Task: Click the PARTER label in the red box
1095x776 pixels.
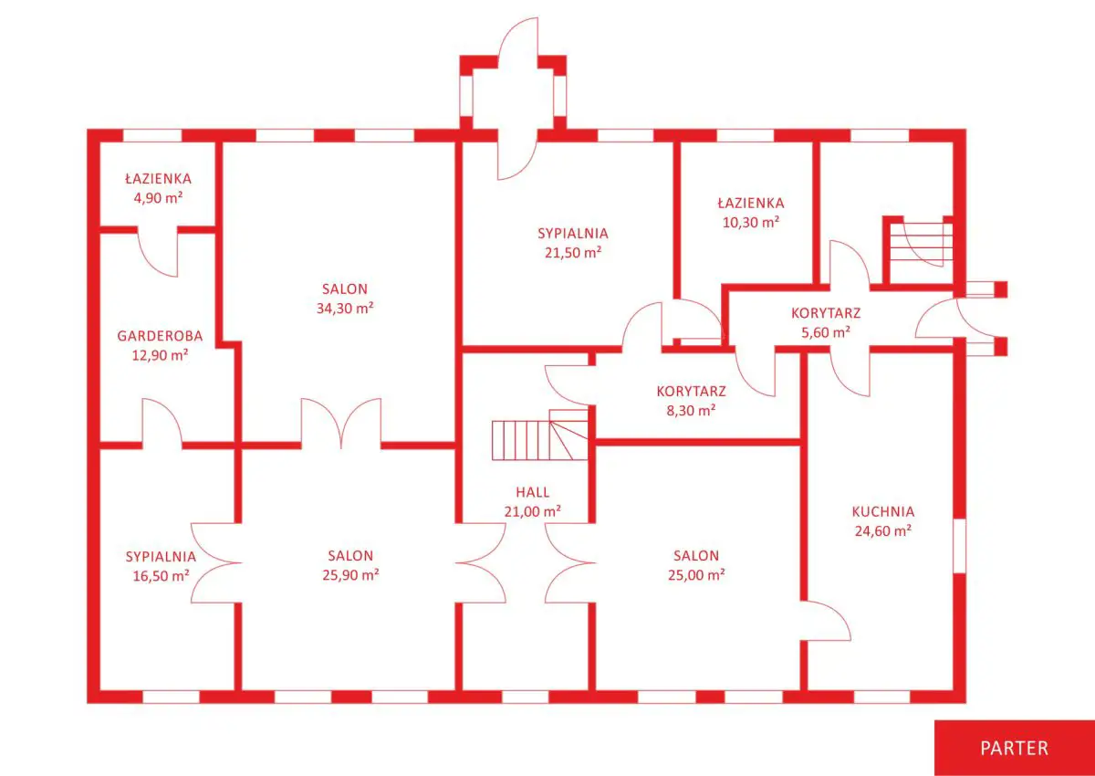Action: (1015, 749)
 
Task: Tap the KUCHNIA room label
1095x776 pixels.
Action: (883, 512)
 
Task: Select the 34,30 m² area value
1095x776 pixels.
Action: (345, 308)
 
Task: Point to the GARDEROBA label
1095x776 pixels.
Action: (160, 336)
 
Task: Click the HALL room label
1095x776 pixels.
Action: (532, 492)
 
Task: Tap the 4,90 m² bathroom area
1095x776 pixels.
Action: (159, 198)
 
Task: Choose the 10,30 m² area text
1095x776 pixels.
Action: (751, 223)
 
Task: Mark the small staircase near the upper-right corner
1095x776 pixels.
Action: (921, 245)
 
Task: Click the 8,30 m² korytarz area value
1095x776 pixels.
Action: (692, 410)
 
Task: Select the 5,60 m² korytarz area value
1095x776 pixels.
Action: (826, 332)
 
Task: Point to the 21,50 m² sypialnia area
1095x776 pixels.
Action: (573, 253)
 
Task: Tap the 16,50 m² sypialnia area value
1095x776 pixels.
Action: (161, 576)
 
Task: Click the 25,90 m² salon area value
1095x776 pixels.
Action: (350, 575)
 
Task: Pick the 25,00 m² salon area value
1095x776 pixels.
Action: (696, 575)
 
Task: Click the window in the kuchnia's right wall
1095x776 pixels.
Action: (960, 546)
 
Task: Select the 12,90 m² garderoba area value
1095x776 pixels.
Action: (160, 355)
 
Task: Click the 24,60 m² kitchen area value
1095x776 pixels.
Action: (883, 531)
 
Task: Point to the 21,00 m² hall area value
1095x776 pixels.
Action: (532, 512)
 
